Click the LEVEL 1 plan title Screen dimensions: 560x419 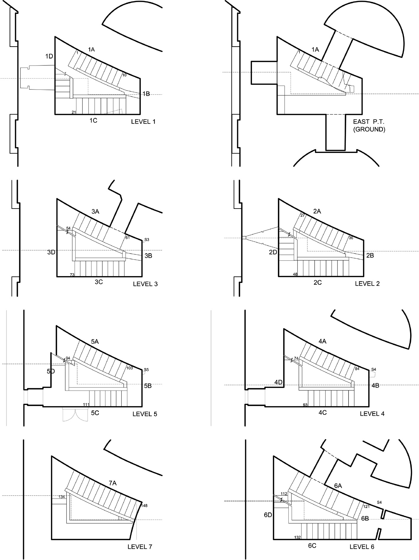point(143,121)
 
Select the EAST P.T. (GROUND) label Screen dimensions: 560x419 point(369,125)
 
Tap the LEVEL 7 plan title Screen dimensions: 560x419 point(140,547)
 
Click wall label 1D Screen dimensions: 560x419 point(49,56)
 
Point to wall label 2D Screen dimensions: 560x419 point(273,252)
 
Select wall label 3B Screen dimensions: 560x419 point(148,255)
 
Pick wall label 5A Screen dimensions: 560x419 point(95,341)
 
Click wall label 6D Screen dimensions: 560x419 point(268,515)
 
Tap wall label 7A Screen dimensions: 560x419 point(113,483)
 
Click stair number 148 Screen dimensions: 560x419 point(144,505)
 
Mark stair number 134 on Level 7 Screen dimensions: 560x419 point(62,497)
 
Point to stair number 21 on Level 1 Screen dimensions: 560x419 point(74,112)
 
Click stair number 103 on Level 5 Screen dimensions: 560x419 point(129,368)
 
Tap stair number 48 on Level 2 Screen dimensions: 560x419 point(295,274)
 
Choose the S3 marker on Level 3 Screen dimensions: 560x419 point(147,239)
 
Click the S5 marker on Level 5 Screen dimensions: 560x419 point(146,369)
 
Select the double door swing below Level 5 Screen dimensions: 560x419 point(76,415)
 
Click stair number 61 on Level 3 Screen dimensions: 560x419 point(127,237)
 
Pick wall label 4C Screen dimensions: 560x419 point(322,412)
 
